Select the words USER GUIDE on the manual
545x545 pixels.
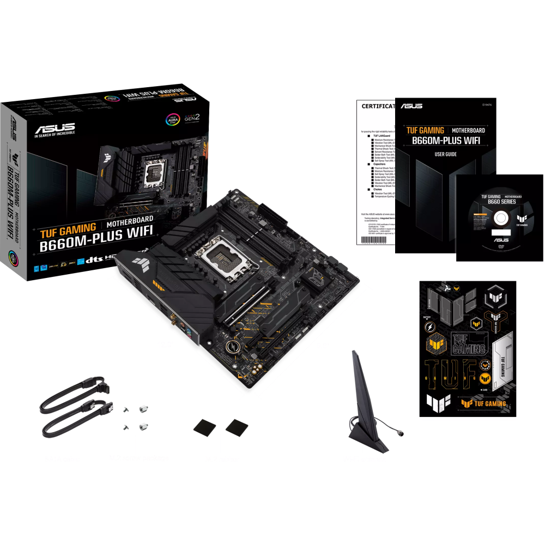pos(445,154)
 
